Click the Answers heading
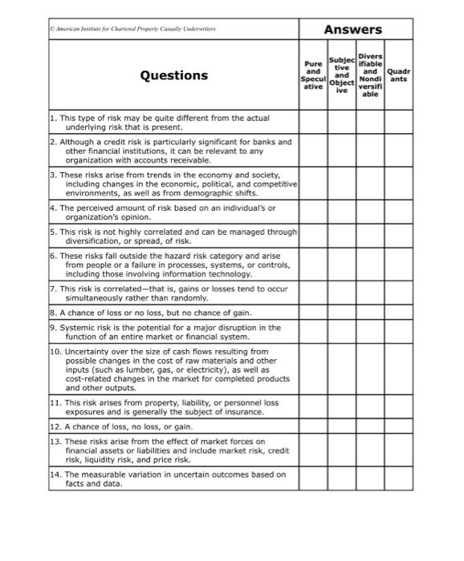coord(352,30)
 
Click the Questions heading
coord(173,75)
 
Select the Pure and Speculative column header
coord(313,75)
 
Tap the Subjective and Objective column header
coord(341,75)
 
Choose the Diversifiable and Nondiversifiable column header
coord(370,75)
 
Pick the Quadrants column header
coord(398,75)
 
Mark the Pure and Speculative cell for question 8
coord(313,313)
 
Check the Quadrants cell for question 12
coord(398,426)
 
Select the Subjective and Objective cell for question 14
coord(341,479)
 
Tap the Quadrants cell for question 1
coord(398,123)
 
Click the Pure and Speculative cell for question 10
coord(313,369)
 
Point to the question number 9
coord(53,328)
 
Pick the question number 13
coord(55,442)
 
